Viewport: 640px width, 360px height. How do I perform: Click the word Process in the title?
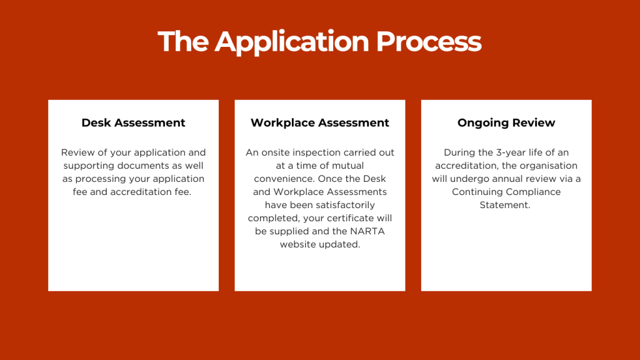429,41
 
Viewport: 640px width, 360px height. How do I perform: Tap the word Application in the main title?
292,42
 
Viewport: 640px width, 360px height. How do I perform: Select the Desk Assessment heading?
134,123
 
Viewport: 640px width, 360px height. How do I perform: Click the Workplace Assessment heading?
320,123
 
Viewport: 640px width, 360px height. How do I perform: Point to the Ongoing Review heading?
506,123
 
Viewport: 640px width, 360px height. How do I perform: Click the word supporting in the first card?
89,166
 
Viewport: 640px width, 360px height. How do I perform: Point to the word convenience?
284,179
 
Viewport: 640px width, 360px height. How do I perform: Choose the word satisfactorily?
345,205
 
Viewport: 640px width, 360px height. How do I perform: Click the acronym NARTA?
367,231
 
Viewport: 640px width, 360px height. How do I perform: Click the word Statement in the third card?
505,205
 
